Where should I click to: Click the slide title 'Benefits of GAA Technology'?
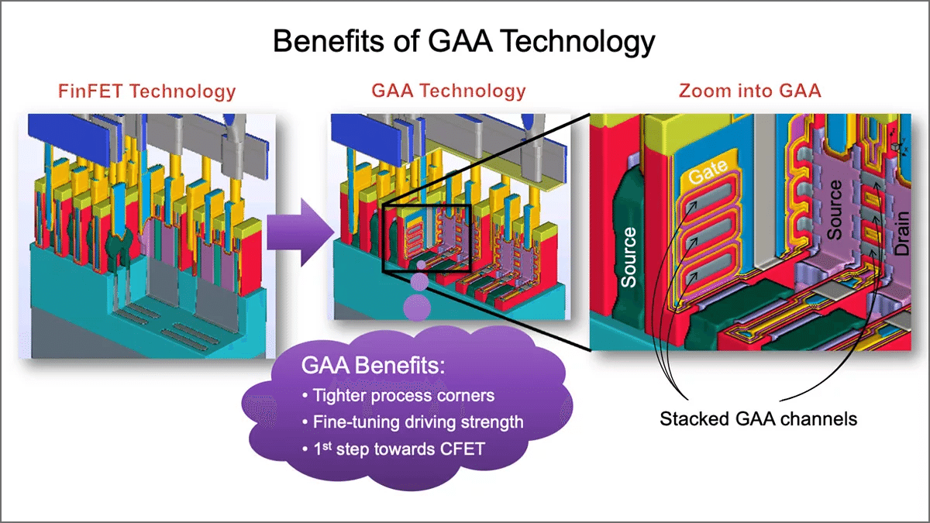(464, 41)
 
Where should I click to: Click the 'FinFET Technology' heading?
(146, 91)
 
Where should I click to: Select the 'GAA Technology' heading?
(449, 91)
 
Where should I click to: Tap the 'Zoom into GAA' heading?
(749, 91)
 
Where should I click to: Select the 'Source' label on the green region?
(629, 256)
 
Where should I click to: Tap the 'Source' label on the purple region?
(835, 209)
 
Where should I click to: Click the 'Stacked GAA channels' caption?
(758, 419)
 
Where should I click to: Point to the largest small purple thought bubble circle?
(416, 307)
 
